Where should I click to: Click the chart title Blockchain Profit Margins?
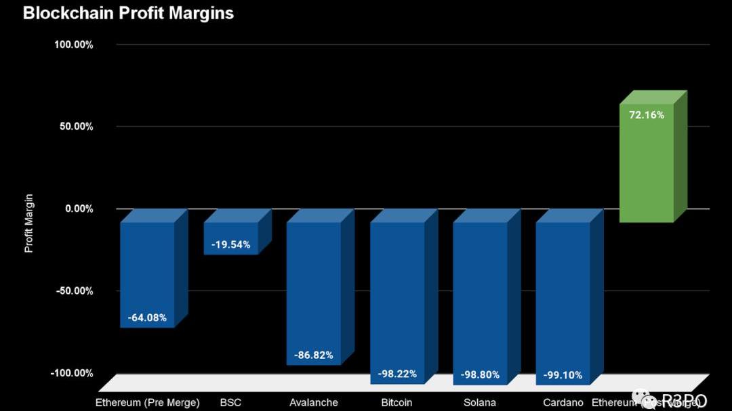(128, 13)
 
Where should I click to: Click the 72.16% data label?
(647, 115)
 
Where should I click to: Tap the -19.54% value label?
(230, 244)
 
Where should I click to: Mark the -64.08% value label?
(147, 318)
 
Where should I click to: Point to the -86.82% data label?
(313, 355)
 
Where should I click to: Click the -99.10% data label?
(563, 374)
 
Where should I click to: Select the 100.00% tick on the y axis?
(74, 45)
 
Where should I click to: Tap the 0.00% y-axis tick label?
(79, 209)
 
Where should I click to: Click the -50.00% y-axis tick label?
(75, 290)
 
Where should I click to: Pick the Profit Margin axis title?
(28, 223)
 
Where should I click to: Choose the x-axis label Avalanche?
(313, 402)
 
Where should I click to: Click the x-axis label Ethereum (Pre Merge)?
(147, 402)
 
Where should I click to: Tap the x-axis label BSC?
(230, 402)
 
